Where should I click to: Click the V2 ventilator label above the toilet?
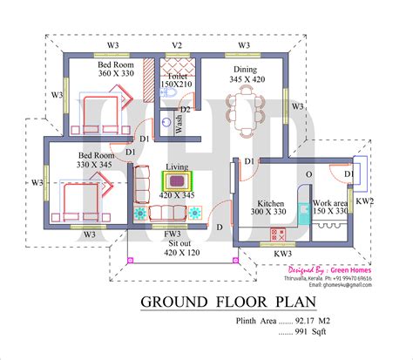click(x=177, y=45)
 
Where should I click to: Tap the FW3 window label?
click(x=173, y=234)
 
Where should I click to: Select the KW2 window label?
click(x=365, y=201)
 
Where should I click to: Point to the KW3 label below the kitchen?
click(x=283, y=254)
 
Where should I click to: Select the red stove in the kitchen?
click(x=278, y=234)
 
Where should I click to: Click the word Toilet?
click(x=171, y=76)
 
